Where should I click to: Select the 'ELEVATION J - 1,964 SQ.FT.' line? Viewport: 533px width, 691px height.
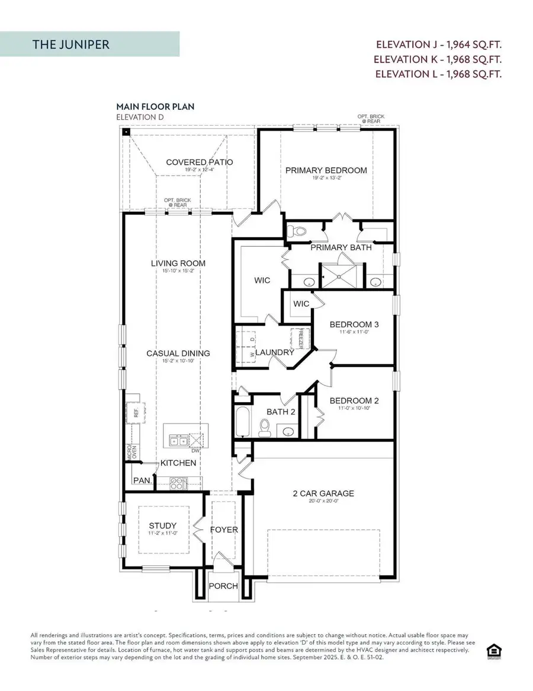pyautogui.click(x=438, y=44)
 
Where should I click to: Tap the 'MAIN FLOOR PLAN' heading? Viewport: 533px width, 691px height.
pyautogui.click(x=155, y=107)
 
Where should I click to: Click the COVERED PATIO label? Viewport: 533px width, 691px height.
pyautogui.click(x=199, y=162)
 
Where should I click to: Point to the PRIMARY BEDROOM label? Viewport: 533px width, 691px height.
pyautogui.click(x=326, y=170)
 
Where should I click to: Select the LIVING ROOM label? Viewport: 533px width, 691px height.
pyautogui.click(x=178, y=263)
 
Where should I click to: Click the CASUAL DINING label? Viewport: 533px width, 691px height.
pyautogui.click(x=178, y=353)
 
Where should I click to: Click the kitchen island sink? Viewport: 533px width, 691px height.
pyautogui.click(x=176, y=440)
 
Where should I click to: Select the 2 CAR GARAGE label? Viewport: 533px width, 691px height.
pyautogui.click(x=323, y=493)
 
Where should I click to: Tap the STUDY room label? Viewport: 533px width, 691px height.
pyautogui.click(x=163, y=525)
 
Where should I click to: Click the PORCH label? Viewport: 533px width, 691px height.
pyautogui.click(x=224, y=586)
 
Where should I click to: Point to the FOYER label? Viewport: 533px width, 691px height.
pyautogui.click(x=224, y=530)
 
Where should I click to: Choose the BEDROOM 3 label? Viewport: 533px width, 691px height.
pyautogui.click(x=354, y=324)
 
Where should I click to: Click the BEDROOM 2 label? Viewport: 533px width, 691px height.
pyautogui.click(x=354, y=401)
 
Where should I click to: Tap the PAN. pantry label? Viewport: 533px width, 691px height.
pyautogui.click(x=142, y=480)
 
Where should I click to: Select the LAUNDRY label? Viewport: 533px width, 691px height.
pyautogui.click(x=275, y=352)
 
